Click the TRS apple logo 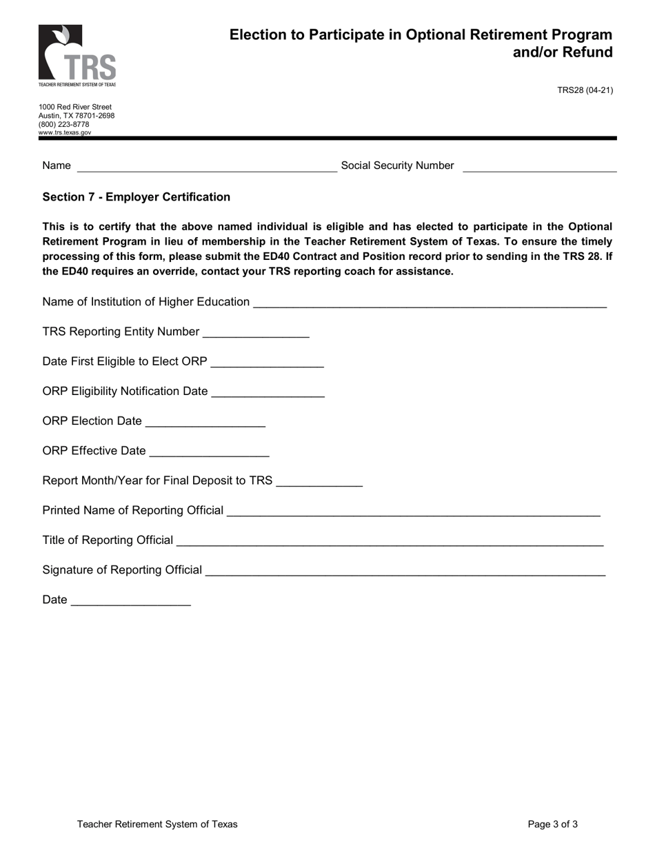point(77,55)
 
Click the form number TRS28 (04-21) point(585,90)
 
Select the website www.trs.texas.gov point(65,132)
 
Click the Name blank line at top point(207,165)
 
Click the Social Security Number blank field point(539,165)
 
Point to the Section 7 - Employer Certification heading point(137,197)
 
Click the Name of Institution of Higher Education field point(430,302)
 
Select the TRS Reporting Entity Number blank point(256,332)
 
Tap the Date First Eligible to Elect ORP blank point(267,361)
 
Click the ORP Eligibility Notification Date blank point(268,391)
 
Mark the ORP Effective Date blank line point(209,451)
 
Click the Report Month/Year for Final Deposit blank point(319,481)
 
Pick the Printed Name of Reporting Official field point(413,510)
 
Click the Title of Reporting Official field point(390,540)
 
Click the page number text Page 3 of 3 point(552,824)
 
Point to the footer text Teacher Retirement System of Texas point(157,824)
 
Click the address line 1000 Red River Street point(75,107)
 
